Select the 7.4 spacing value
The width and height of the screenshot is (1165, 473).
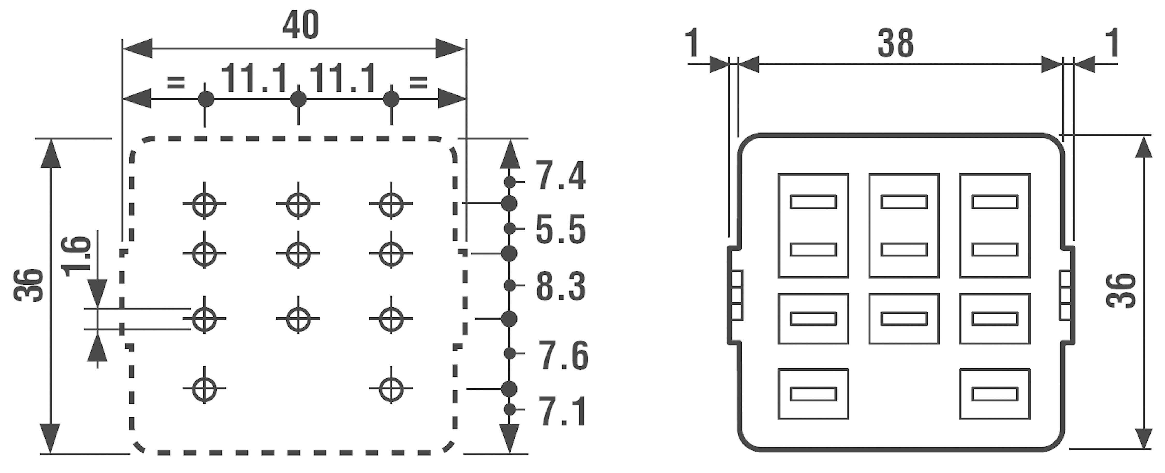561,176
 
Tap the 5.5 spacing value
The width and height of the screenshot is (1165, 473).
561,230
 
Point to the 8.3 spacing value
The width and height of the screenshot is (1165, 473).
561,287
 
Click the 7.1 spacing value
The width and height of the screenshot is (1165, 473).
562,411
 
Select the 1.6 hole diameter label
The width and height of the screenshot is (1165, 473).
76,256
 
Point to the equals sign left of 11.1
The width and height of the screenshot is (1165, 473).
176,82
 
